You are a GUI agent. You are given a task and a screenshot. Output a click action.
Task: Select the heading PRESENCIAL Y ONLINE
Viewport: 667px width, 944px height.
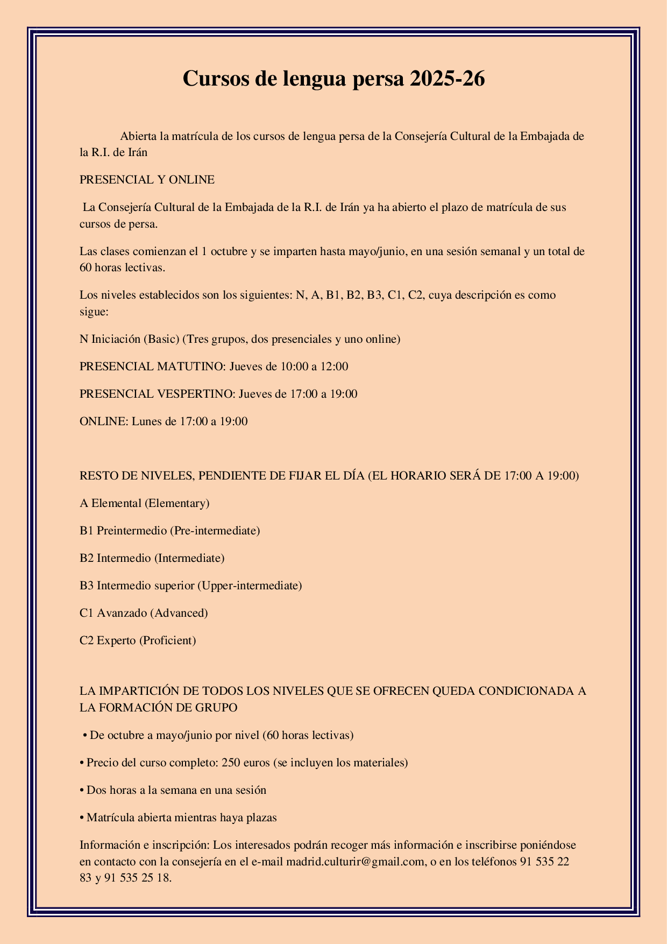(147, 180)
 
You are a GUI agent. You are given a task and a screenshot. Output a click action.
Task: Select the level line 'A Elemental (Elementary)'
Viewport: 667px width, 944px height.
(144, 503)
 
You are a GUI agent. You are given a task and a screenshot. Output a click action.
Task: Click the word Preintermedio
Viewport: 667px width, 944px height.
(131, 531)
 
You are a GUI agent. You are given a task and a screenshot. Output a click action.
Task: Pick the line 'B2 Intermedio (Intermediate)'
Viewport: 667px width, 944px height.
(152, 558)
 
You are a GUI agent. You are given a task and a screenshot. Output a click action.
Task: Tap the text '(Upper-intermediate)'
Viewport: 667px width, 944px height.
(250, 586)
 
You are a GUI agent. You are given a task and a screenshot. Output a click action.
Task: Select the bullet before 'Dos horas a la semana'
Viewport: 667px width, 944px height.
(82, 791)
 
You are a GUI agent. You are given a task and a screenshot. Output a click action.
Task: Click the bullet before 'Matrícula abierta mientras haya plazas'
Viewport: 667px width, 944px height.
(82, 818)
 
